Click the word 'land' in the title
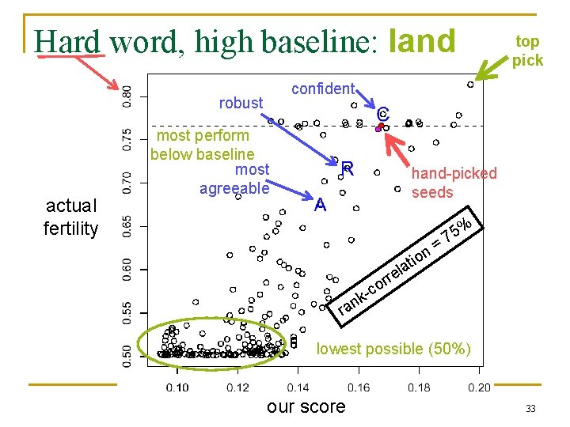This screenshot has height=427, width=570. pyautogui.click(x=424, y=40)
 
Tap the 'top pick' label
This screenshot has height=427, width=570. pyautogui.click(x=527, y=51)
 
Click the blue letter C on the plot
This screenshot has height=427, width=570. pyautogui.click(x=383, y=114)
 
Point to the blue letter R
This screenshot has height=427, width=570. pyautogui.click(x=347, y=168)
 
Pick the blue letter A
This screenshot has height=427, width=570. pyautogui.click(x=320, y=206)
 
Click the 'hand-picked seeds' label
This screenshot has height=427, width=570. pyautogui.click(x=454, y=183)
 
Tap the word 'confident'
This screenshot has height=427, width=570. pyautogui.click(x=324, y=89)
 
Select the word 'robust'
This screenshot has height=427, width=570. pyautogui.click(x=241, y=103)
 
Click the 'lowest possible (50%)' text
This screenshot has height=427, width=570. pyautogui.click(x=393, y=349)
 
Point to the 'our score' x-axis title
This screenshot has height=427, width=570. pyautogui.click(x=306, y=406)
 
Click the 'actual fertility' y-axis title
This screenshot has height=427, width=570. pyautogui.click(x=71, y=217)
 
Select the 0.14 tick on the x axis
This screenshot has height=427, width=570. pyautogui.click(x=298, y=387)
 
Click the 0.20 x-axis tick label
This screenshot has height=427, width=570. pyautogui.click(x=479, y=387)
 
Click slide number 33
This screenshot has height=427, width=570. pyautogui.click(x=530, y=408)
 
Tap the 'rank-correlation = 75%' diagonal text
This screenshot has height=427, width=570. pyautogui.click(x=405, y=265)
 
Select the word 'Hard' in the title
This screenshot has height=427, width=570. pyautogui.click(x=68, y=42)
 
